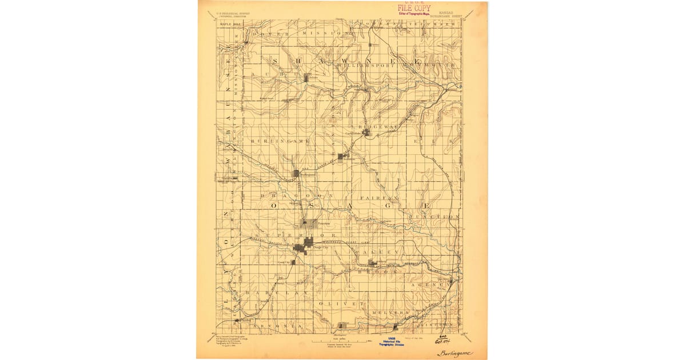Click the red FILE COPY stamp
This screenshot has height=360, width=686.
pos(414,7)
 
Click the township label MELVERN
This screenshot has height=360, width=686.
pos(390,313)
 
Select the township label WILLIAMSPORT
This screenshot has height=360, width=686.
pos(366,66)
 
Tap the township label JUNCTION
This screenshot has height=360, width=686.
pos(434,217)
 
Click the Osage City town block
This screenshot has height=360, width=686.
pos(303,247)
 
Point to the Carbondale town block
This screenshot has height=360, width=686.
pos(366,133)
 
